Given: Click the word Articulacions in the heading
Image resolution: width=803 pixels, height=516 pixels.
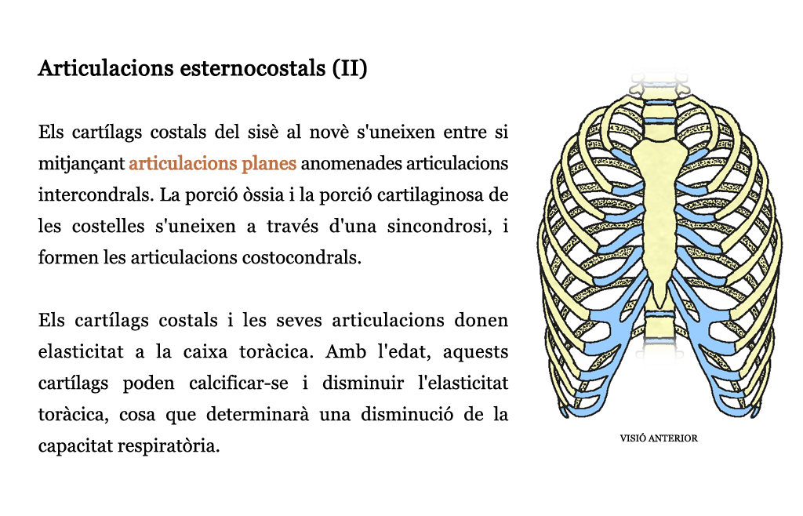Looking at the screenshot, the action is coord(106,68).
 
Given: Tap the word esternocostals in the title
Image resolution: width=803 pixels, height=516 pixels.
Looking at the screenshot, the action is coord(253,68).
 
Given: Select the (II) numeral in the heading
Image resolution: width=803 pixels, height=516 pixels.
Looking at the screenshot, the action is coord(350,68).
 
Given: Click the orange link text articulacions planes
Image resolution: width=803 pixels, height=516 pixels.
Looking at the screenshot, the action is coord(213,163).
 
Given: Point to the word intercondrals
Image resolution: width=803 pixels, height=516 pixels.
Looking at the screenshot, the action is coord(96,195).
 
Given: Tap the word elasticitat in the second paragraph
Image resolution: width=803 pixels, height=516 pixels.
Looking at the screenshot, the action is coord(81,351).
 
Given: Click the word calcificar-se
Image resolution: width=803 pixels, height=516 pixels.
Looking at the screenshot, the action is coord(238,383).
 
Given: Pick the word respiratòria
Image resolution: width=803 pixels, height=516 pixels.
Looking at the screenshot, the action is coord(169,446).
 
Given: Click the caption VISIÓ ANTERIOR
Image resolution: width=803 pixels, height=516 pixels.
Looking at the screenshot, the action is coord(659,438).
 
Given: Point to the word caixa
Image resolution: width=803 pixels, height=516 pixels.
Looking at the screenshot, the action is coord(205,351).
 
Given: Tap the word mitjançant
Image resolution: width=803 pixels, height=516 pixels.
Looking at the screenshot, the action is coord(82,164).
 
